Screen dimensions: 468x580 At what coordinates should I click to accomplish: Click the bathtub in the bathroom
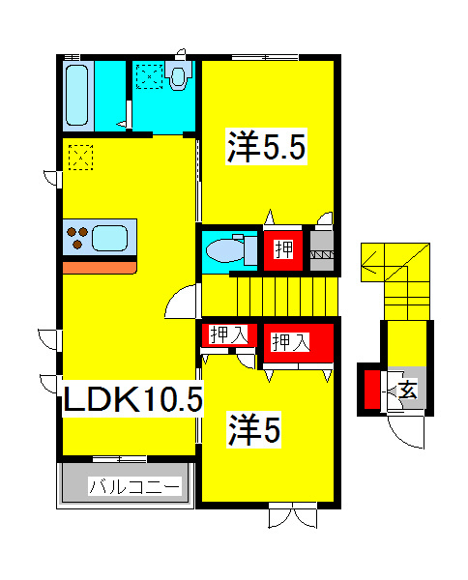pyautogui.click(x=77, y=96)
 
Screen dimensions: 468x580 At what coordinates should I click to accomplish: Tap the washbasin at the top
pyautogui.click(x=178, y=75)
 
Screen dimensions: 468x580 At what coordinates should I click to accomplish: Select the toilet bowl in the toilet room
pyautogui.click(x=225, y=250)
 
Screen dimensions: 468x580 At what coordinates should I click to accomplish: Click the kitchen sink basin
pyautogui.click(x=110, y=238)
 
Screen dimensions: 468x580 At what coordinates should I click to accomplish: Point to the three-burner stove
pyautogui.click(x=77, y=237)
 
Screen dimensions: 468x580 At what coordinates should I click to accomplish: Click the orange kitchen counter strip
pyautogui.click(x=100, y=268)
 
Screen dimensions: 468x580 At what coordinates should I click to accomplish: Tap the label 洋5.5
pyautogui.click(x=266, y=147)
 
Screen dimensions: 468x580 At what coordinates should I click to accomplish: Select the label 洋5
pyautogui.click(x=254, y=429)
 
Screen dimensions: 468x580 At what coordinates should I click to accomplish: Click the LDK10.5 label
pyautogui.click(x=133, y=398)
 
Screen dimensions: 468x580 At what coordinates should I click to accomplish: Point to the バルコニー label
pyautogui.click(x=135, y=485)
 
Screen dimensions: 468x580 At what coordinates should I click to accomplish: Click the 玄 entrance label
pyautogui.click(x=408, y=389)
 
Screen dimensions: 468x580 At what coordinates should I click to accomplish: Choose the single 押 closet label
pyautogui.click(x=283, y=249)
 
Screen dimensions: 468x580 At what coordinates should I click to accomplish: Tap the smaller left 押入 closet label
pyautogui.click(x=228, y=334)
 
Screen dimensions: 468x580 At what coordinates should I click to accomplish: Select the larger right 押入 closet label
pyautogui.click(x=290, y=342)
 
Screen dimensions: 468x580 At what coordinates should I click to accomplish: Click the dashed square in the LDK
pyautogui.click(x=80, y=158)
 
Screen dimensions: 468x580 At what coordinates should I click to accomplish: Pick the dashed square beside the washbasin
pyautogui.click(x=150, y=76)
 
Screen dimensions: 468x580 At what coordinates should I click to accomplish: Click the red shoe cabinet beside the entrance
pyautogui.click(x=372, y=390)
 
